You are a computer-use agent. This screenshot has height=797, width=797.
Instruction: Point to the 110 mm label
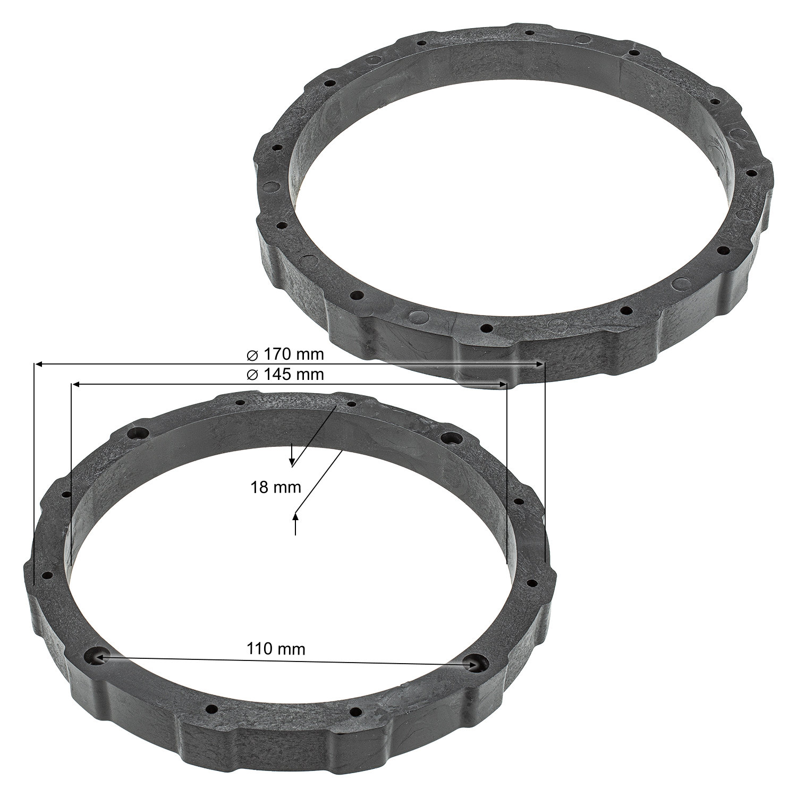(x=276, y=649)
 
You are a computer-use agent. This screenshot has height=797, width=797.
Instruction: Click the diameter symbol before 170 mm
(x=253, y=354)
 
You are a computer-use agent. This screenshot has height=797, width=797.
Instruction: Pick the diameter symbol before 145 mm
(x=253, y=375)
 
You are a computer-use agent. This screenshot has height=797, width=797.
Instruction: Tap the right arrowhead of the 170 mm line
(x=541, y=364)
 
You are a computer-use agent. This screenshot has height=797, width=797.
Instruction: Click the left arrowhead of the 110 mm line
(x=99, y=658)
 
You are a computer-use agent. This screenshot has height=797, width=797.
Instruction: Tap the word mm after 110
(x=293, y=649)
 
